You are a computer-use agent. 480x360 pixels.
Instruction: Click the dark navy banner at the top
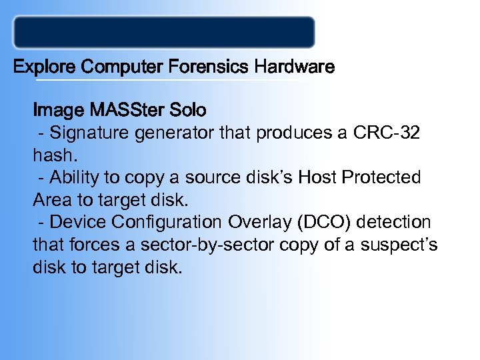point(164,32)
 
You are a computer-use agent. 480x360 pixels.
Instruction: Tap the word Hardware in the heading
point(294,67)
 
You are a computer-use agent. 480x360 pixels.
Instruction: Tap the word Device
point(75,221)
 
